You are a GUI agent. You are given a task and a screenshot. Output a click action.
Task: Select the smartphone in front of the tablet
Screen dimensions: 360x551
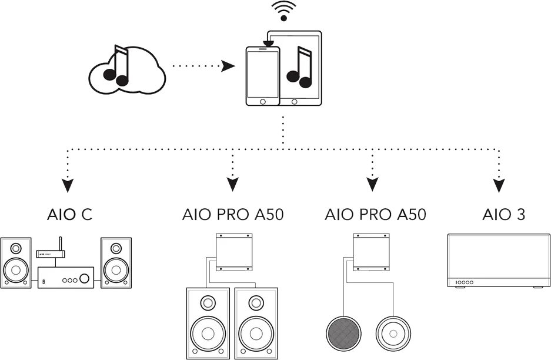point(261,76)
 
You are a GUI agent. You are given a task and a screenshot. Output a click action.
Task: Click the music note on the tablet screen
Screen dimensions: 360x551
point(299,68)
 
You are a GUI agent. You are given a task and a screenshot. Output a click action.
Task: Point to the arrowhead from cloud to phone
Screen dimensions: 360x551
point(225,66)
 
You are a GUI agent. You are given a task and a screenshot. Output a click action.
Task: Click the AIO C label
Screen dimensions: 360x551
point(69,215)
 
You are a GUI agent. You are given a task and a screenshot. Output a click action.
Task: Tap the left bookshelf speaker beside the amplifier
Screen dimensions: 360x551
point(16,263)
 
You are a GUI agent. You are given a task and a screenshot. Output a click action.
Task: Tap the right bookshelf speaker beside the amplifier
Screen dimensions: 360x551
point(116,263)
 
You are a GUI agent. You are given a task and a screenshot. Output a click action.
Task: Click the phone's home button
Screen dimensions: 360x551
point(261,101)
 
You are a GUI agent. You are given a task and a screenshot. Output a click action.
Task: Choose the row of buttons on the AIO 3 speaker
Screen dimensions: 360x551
point(465,283)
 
